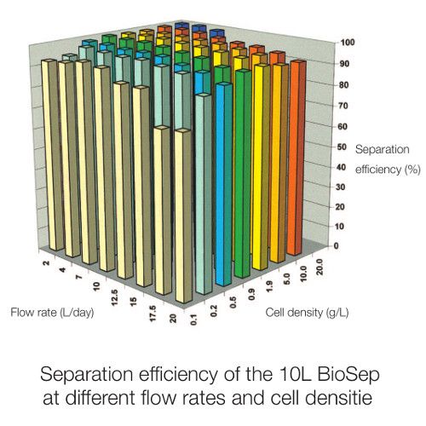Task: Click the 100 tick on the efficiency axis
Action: (x=348, y=43)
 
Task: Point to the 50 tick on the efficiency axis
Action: (x=343, y=147)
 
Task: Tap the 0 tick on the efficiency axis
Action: (x=336, y=245)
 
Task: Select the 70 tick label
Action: (x=343, y=106)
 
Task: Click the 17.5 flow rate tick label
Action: (x=153, y=313)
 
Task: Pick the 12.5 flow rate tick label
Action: (x=114, y=297)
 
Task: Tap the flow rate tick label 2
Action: (x=46, y=262)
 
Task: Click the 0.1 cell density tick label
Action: (x=194, y=319)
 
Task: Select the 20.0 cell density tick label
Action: (x=319, y=267)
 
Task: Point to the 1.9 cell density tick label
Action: (x=270, y=286)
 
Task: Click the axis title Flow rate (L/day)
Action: (x=52, y=313)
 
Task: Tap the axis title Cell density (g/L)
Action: (x=307, y=313)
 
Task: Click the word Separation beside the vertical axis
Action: (x=383, y=149)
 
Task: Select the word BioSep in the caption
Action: (x=348, y=374)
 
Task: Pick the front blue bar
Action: (x=224, y=184)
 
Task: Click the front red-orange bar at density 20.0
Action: (x=296, y=158)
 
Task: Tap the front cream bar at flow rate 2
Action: (x=53, y=155)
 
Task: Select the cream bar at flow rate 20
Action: (x=183, y=216)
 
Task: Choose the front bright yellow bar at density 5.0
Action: (x=262, y=167)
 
